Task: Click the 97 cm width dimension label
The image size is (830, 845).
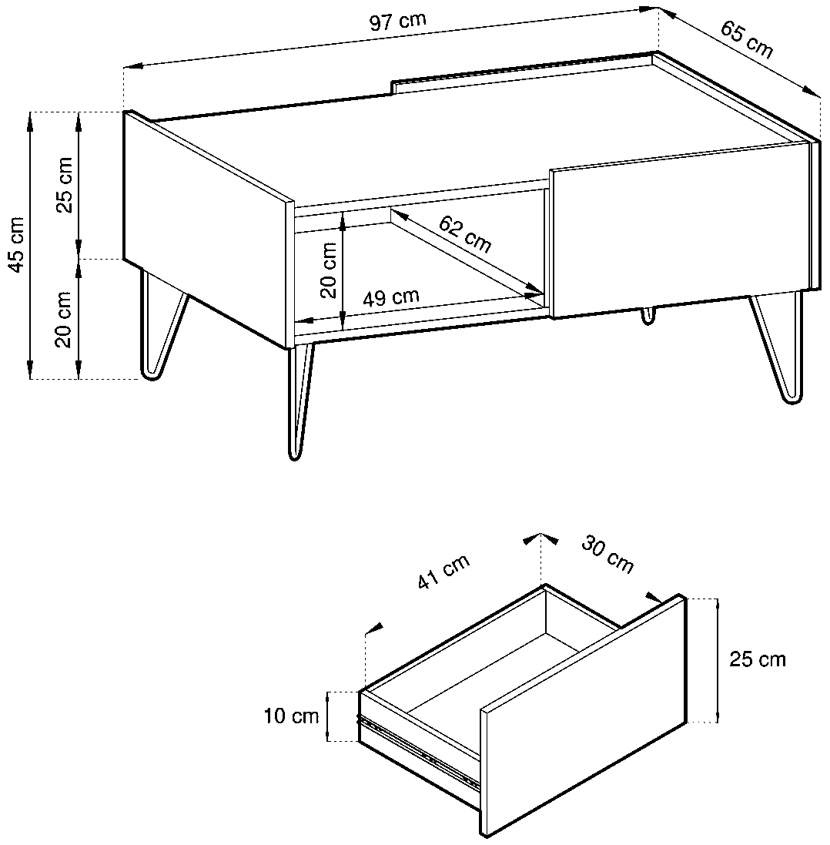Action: click(x=397, y=21)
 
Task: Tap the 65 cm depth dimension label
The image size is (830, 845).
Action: click(x=747, y=39)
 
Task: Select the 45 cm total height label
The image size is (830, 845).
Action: click(x=16, y=245)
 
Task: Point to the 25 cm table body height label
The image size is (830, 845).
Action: click(x=64, y=185)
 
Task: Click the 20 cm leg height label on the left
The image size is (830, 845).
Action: click(x=64, y=320)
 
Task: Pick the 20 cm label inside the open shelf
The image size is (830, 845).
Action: click(x=328, y=270)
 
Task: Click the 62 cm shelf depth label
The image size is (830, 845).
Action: click(x=465, y=234)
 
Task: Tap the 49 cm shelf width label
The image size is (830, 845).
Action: click(x=390, y=297)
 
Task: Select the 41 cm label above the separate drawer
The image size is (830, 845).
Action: click(x=443, y=572)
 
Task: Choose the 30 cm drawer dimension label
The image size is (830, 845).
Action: click(x=607, y=554)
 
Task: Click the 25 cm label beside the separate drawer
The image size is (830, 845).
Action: click(x=758, y=659)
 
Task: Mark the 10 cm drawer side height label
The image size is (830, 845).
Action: click(x=291, y=716)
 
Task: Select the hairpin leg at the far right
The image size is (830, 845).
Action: click(x=778, y=347)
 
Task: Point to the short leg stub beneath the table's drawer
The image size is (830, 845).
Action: click(x=648, y=316)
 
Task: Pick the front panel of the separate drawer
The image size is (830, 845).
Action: click(x=584, y=716)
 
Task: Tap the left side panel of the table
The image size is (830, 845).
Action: click(x=209, y=229)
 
